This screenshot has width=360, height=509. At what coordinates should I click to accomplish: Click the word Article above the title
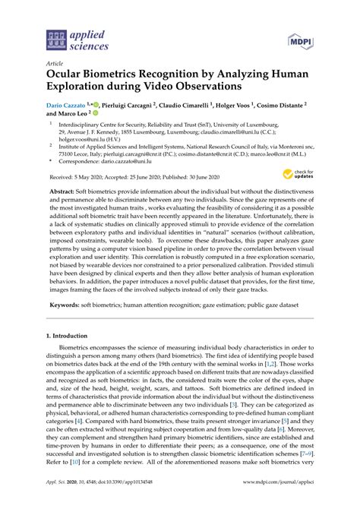55,65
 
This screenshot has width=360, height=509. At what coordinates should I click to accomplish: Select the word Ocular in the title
69,78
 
